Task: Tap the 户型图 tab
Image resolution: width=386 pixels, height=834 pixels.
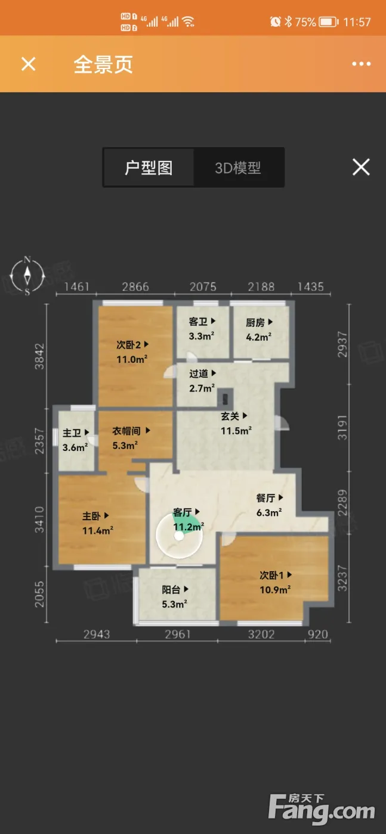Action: (x=149, y=167)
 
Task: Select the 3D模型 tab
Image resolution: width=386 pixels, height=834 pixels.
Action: (x=238, y=168)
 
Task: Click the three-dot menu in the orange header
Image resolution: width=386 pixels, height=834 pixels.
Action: (x=362, y=64)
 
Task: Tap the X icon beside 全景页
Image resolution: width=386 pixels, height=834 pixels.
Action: (x=29, y=64)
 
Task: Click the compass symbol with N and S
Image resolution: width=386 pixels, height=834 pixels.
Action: (x=27, y=276)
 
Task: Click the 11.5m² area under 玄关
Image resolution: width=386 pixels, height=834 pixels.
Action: (x=236, y=431)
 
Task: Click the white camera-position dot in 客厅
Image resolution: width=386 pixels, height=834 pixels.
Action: (x=180, y=536)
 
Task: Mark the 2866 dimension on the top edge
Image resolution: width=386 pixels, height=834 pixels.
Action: (x=135, y=287)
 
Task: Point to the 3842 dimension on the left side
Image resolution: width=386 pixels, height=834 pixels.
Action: (x=39, y=356)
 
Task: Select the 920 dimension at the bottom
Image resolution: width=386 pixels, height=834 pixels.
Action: (x=318, y=634)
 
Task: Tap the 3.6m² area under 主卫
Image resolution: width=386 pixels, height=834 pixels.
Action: (x=75, y=447)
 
